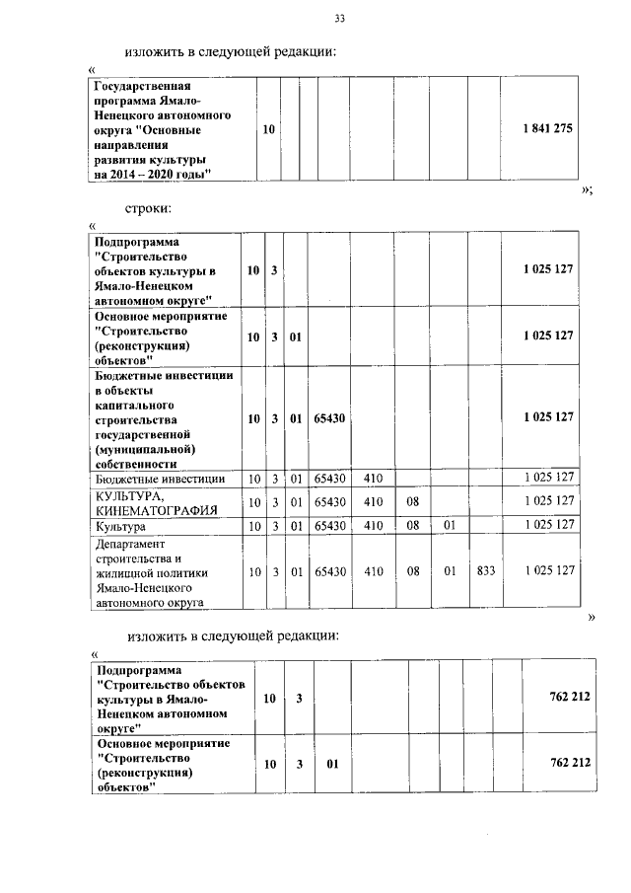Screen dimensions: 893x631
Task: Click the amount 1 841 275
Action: [548, 130]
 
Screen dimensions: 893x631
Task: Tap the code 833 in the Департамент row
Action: [485, 570]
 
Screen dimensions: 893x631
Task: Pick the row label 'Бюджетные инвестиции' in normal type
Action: [159, 479]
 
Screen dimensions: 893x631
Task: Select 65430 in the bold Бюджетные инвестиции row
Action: [329, 417]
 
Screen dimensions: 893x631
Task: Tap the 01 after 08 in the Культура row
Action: [448, 525]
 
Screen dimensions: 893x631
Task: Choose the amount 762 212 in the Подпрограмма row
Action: [569, 698]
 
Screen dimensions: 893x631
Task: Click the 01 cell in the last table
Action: [333, 764]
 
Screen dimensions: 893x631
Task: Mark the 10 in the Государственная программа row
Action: [269, 130]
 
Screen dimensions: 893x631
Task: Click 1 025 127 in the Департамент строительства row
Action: [548, 570]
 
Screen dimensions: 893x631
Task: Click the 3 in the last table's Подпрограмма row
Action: [298, 698]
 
